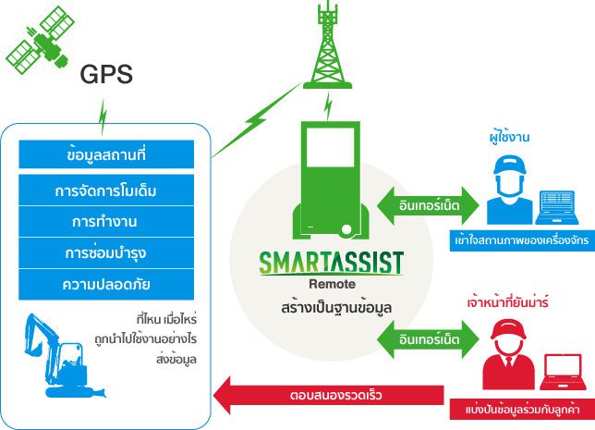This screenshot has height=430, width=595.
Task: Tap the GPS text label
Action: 106,74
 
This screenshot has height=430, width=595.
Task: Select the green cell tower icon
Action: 327,44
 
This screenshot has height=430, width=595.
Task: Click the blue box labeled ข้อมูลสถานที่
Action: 106,154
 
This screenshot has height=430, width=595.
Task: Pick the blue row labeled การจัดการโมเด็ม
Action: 106,190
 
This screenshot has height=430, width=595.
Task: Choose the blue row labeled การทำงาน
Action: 106,222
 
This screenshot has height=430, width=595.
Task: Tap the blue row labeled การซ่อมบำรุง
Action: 106,253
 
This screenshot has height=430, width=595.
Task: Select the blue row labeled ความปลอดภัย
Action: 106,284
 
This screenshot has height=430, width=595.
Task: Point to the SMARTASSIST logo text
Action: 331,263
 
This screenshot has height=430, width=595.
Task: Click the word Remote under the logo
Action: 332,284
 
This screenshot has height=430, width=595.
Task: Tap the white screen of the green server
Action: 330,147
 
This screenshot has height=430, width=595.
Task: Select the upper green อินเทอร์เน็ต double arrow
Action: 429,205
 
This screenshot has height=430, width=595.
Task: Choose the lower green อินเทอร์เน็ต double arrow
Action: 429,339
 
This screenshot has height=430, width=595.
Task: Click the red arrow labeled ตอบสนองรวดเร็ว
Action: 329,395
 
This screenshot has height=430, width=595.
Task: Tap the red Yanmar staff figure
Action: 508,354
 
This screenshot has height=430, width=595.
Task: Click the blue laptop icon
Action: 557,207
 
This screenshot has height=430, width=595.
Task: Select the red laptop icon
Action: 563,372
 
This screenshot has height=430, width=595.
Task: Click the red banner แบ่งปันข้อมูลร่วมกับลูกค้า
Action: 522,409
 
